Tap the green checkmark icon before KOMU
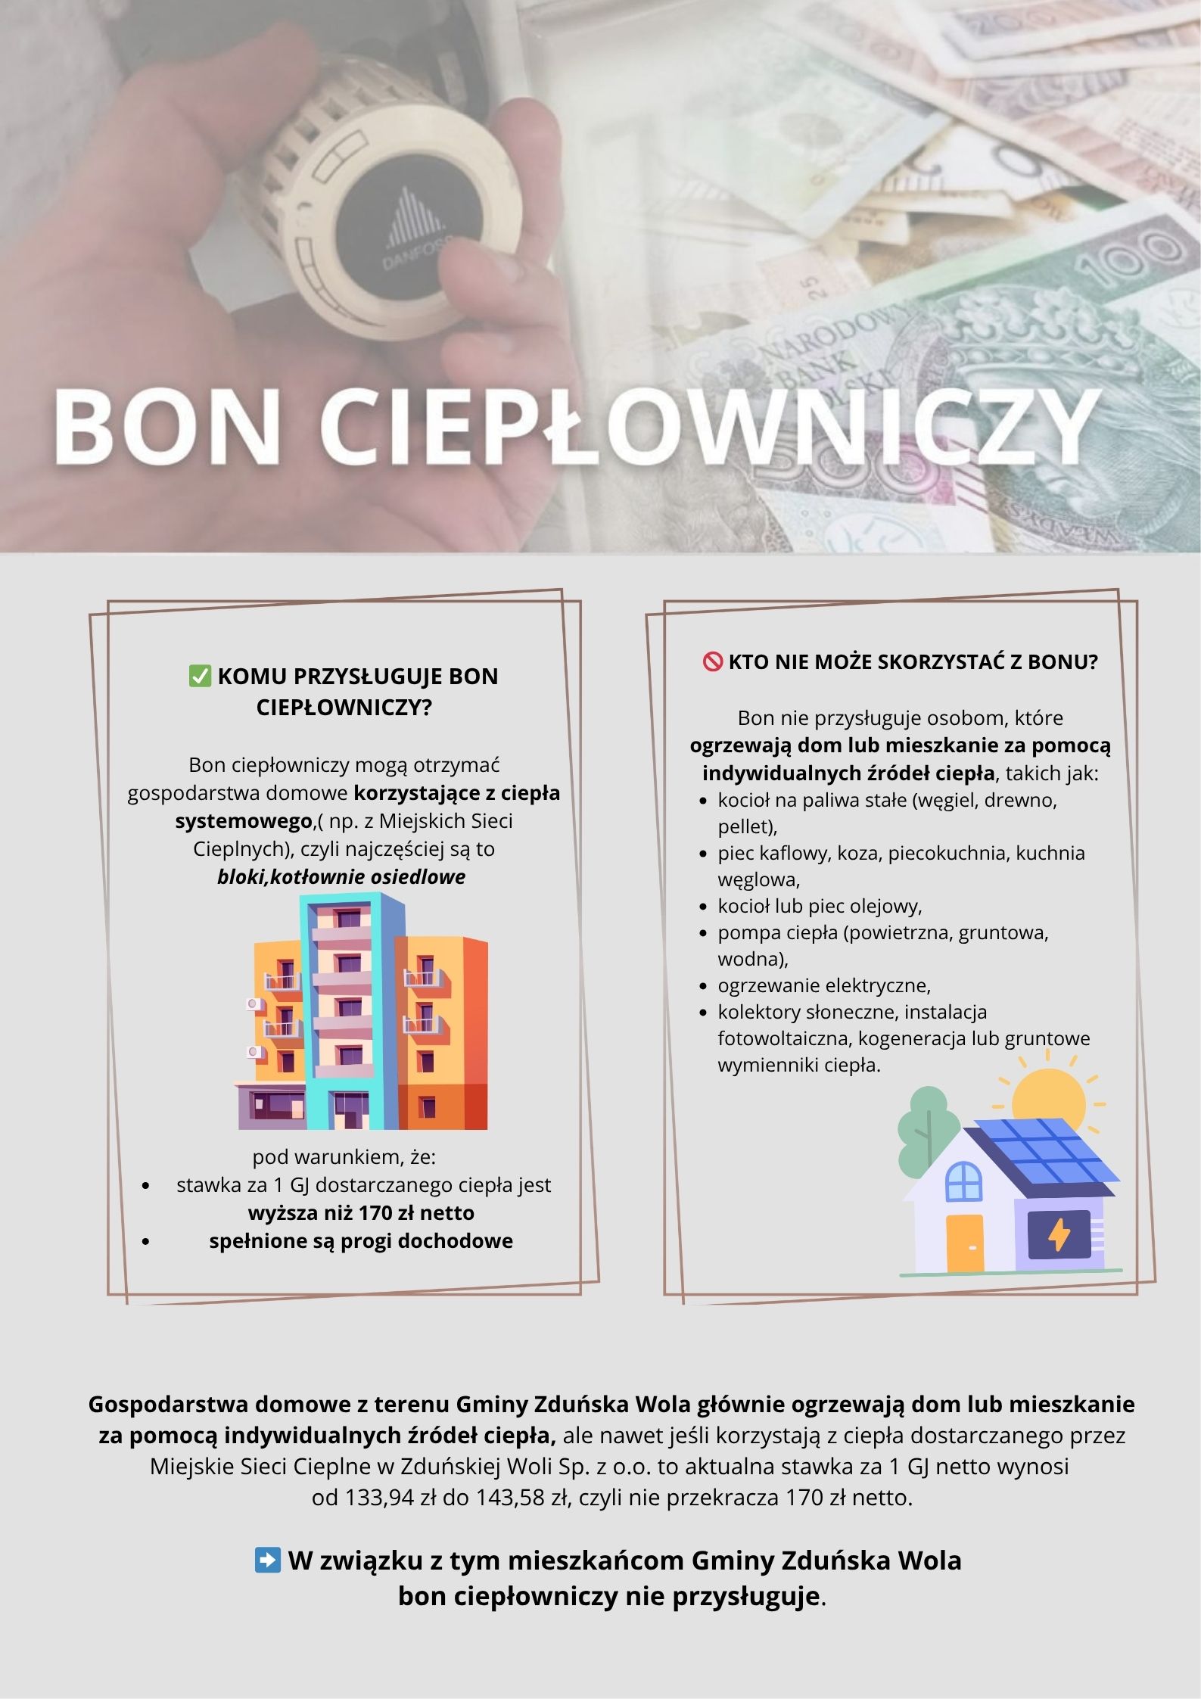tap(200, 676)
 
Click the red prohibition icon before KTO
tap(713, 662)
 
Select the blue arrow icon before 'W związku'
tap(267, 1561)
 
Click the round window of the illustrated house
tap(963, 1181)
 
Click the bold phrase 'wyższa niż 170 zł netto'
tap(361, 1213)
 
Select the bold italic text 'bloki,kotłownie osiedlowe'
tap(341, 877)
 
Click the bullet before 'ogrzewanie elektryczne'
tap(704, 987)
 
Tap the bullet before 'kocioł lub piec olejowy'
tap(704, 907)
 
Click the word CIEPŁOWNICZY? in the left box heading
tap(344, 708)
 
